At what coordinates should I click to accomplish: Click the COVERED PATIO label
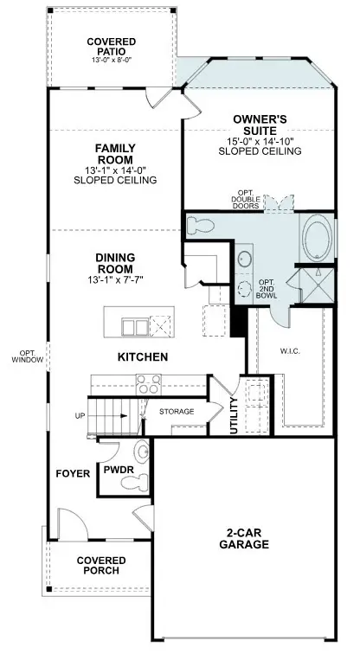(x=109, y=46)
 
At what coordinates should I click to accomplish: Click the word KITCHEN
(x=143, y=356)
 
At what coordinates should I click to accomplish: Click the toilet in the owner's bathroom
(x=201, y=225)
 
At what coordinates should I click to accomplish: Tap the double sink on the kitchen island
(x=134, y=326)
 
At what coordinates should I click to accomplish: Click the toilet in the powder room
(x=142, y=452)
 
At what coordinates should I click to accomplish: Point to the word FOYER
(x=67, y=474)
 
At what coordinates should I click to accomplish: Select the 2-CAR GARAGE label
(x=243, y=538)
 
